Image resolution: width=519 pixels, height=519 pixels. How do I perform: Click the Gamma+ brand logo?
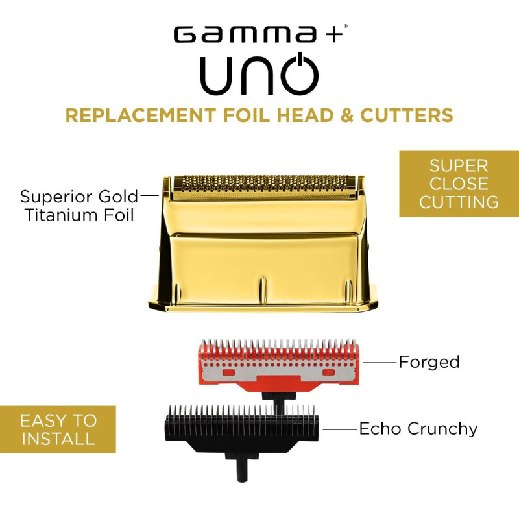[x=260, y=34]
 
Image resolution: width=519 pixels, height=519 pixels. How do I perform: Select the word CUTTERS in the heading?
[x=407, y=115]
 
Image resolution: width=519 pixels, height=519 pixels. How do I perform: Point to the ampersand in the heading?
[x=346, y=115]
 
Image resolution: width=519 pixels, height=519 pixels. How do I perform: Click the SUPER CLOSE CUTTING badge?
[x=459, y=184]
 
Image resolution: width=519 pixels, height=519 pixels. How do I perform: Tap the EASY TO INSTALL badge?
[x=58, y=429]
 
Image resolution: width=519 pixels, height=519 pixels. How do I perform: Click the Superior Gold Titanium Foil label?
[x=78, y=206]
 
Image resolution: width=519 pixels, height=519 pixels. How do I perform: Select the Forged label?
[x=429, y=362]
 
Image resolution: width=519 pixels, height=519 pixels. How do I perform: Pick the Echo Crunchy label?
[x=418, y=429]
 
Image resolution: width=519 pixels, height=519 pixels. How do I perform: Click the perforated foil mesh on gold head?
[x=264, y=187]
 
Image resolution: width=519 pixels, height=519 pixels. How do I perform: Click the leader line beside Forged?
[x=380, y=363]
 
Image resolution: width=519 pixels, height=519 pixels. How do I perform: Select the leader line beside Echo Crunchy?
[x=340, y=429]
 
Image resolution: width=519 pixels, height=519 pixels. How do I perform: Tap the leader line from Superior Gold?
[x=150, y=196]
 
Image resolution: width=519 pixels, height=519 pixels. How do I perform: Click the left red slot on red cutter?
[x=228, y=372]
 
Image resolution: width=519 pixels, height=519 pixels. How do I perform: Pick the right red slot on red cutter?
[x=329, y=372]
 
